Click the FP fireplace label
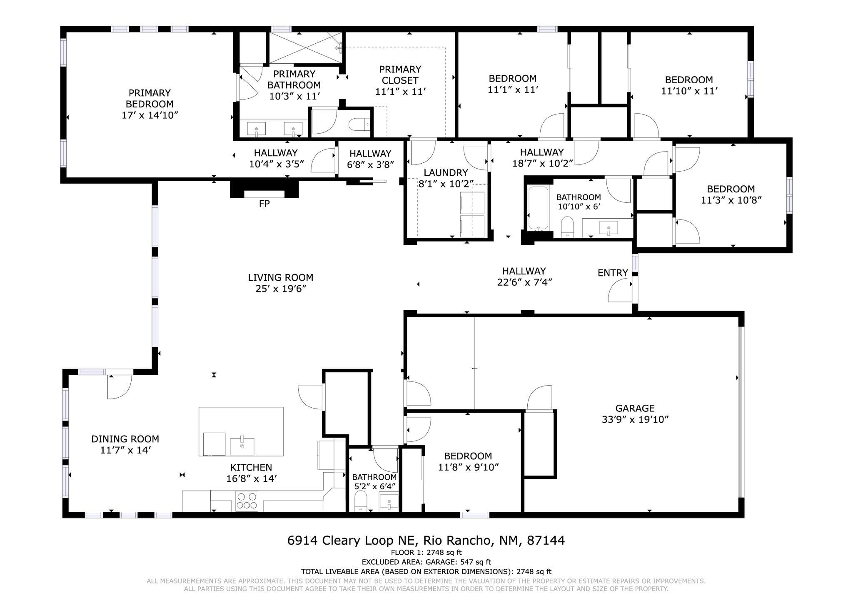[264, 204]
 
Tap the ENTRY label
[613, 273]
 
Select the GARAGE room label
[635, 409]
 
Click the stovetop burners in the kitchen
[247, 501]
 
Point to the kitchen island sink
[242, 446]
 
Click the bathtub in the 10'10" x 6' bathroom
[539, 209]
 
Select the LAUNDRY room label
[446, 173]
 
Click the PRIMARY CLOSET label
[400, 75]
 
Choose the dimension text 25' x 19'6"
[281, 289]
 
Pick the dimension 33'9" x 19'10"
[635, 420]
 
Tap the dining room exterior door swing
[120, 387]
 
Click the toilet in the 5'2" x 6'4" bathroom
[361, 501]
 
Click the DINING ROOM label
[125, 439]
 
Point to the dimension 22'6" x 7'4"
[524, 282]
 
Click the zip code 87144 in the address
[546, 541]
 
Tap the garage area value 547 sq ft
[475, 562]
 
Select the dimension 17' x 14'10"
[150, 115]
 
